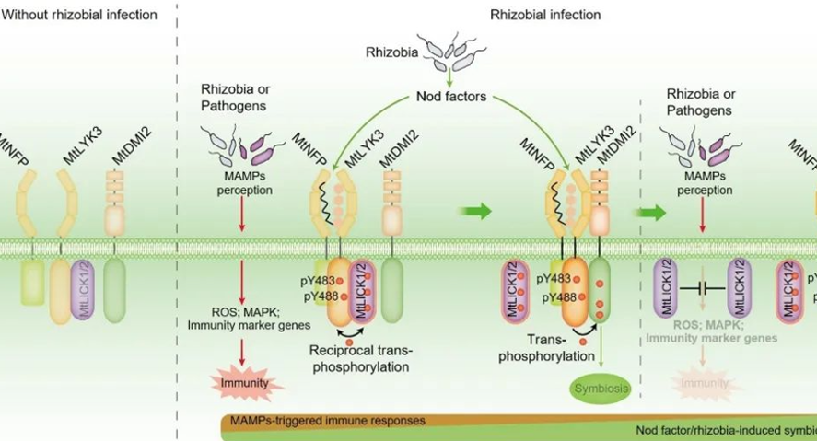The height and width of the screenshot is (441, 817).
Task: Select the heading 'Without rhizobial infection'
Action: (x=79, y=15)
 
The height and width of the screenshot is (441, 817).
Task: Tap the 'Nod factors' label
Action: (x=450, y=95)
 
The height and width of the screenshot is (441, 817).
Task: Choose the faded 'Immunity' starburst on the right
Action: (x=702, y=383)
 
